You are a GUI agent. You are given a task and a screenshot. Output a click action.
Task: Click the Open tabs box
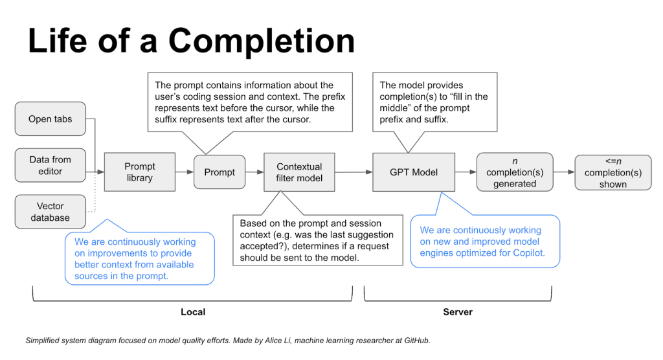tap(51, 118)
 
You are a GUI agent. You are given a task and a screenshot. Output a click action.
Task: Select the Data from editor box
tap(51, 165)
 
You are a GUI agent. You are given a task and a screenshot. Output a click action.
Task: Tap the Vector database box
tap(51, 212)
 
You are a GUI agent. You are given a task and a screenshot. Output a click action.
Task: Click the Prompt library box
tap(139, 172)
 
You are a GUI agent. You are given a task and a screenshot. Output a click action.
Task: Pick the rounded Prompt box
tap(219, 172)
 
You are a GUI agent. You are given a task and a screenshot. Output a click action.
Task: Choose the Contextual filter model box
tap(299, 172)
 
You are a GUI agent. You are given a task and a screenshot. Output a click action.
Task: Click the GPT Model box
tap(414, 172)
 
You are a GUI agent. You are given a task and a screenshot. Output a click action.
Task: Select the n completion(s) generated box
tap(515, 172)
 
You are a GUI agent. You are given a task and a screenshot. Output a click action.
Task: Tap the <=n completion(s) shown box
tap(612, 172)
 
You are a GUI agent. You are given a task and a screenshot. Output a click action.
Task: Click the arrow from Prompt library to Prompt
tap(185, 172)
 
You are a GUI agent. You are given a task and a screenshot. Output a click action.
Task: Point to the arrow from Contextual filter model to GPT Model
tap(354, 172)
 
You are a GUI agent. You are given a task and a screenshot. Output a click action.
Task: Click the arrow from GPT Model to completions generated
tap(466, 172)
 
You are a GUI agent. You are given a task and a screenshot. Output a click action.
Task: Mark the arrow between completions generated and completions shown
tap(564, 172)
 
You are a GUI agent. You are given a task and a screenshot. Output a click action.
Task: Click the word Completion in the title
tap(262, 41)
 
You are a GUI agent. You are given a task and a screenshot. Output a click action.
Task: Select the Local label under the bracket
tap(192, 312)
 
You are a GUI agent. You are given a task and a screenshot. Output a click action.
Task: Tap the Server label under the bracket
tap(458, 312)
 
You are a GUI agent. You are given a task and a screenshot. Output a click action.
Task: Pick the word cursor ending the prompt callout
tap(295, 120)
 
